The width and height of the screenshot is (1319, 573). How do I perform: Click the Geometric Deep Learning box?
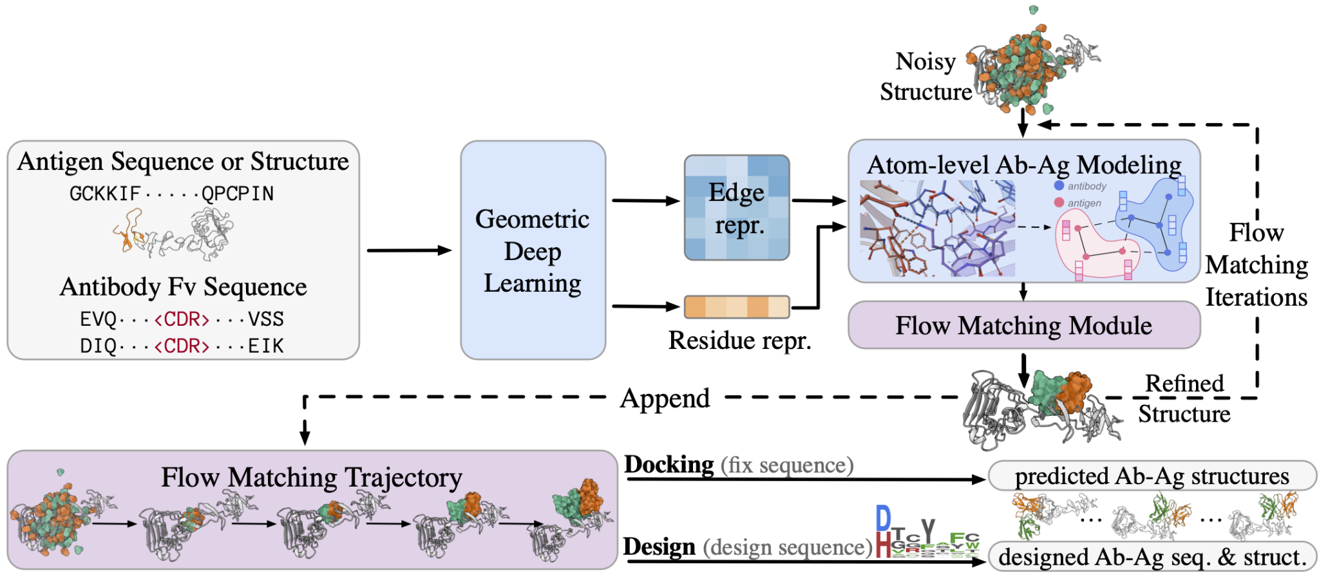click(533, 250)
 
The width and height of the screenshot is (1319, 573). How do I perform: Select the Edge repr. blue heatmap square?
click(736, 207)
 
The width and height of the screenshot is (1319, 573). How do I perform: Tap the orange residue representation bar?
click(736, 307)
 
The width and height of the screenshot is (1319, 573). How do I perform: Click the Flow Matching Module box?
click(1023, 326)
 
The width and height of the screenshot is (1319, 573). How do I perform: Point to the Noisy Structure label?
click(926, 77)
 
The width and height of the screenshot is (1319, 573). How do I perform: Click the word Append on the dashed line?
click(665, 399)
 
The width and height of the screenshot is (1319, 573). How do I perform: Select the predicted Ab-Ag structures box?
click(1152, 476)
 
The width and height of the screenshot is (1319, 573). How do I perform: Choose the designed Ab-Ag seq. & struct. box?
click(1152, 557)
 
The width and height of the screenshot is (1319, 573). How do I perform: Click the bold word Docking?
click(669, 465)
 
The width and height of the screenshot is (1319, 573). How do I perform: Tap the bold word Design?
click(659, 547)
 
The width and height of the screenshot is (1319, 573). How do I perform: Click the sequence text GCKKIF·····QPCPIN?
click(171, 194)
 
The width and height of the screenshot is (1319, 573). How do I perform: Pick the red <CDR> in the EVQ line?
click(182, 319)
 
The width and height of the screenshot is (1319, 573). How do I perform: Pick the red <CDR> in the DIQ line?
click(182, 346)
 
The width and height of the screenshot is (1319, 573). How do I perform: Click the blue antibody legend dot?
click(1059, 186)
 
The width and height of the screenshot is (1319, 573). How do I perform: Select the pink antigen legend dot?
click(1059, 203)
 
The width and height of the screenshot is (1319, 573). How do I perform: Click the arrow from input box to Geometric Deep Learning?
click(408, 250)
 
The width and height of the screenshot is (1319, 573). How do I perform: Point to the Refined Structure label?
click(1184, 399)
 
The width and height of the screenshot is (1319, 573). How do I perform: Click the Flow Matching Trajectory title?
click(312, 478)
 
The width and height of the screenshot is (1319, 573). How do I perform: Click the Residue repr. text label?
click(739, 341)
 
